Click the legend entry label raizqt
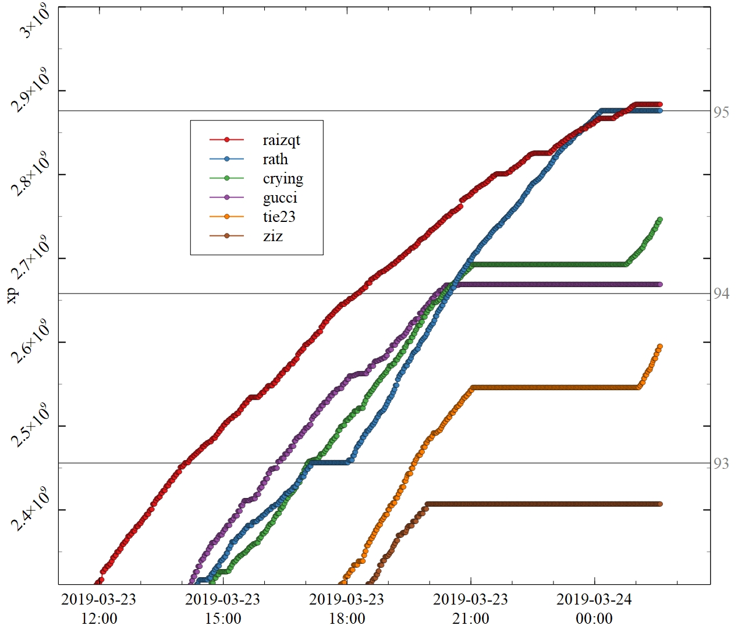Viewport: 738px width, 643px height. pos(281,140)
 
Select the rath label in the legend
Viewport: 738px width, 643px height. pos(275,159)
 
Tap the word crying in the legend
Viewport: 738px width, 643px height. pos(283,179)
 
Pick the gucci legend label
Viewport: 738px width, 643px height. pos(280,197)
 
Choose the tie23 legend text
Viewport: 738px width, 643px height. pos(279,217)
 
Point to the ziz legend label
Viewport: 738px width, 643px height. pos(272,236)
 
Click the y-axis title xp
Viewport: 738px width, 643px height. pos(12,295)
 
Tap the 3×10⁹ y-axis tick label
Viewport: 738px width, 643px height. pos(36,22)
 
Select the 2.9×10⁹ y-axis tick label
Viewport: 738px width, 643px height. pos(33,93)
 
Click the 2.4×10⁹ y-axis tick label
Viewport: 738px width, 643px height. pos(33,511)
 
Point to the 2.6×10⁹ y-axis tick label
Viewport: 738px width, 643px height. pos(33,344)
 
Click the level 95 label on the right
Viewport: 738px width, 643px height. pos(721,112)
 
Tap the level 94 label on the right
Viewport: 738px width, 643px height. pos(721,294)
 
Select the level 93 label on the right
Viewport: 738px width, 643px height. pos(721,464)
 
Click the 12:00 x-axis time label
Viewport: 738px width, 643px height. pos(99,619)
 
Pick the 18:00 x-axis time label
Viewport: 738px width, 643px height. pos(347,619)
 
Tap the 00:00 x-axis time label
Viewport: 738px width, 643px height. pos(594,619)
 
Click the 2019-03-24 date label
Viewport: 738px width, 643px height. pos(594,599)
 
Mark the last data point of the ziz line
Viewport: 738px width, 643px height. pos(660,504)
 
